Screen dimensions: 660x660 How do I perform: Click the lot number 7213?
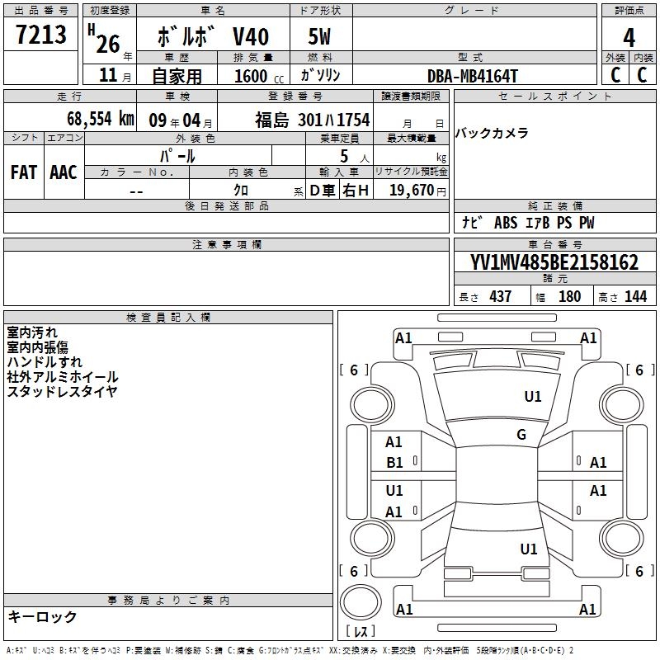40,35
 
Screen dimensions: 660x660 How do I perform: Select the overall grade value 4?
629,38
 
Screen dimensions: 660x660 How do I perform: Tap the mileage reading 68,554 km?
101,119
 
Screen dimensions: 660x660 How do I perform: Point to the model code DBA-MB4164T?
472,76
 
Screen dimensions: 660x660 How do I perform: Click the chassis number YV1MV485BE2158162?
554,262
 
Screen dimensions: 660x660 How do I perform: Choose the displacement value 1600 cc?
259,76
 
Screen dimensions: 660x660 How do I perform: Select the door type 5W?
319,36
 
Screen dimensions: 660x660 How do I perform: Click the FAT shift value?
24,172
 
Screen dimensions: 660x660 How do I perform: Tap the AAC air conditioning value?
64,172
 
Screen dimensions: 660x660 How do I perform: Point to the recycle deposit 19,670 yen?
417,191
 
